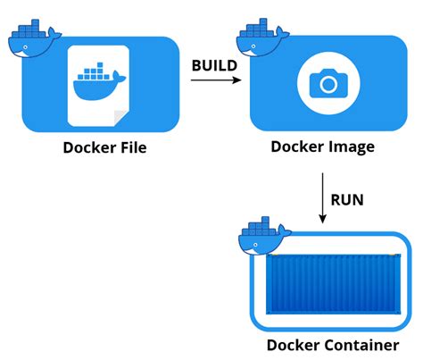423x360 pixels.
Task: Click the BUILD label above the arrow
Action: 215,64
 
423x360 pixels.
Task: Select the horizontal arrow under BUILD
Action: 215,81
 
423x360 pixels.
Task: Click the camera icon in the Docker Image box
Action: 328,84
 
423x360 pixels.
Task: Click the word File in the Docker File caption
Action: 130,148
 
